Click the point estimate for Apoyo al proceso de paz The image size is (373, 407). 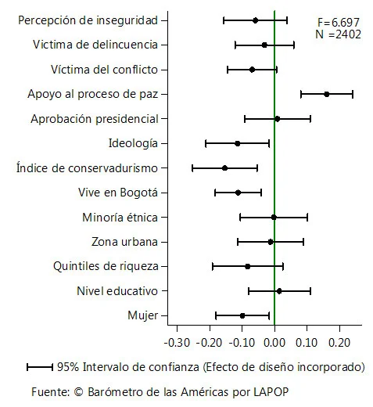pyautogui.click(x=326, y=94)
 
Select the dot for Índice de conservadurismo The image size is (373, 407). pyautogui.click(x=224, y=167)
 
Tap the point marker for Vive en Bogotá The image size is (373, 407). pyautogui.click(x=239, y=193)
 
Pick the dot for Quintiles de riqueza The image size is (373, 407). pyautogui.click(x=248, y=266)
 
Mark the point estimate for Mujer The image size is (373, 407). pyautogui.click(x=242, y=315)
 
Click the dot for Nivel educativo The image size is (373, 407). pyautogui.click(x=279, y=291)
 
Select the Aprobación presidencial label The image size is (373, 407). pyautogui.click(x=94, y=119)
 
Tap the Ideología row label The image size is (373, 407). pyautogui.click(x=133, y=143)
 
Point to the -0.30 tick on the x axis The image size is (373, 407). pyautogui.click(x=178, y=343)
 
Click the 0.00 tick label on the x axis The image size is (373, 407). pyautogui.click(x=274, y=343)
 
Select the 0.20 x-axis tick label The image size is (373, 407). pyautogui.click(x=339, y=343)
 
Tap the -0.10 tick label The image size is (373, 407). pyautogui.click(x=242, y=343)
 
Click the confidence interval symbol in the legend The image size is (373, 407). pyautogui.click(x=39, y=366)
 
